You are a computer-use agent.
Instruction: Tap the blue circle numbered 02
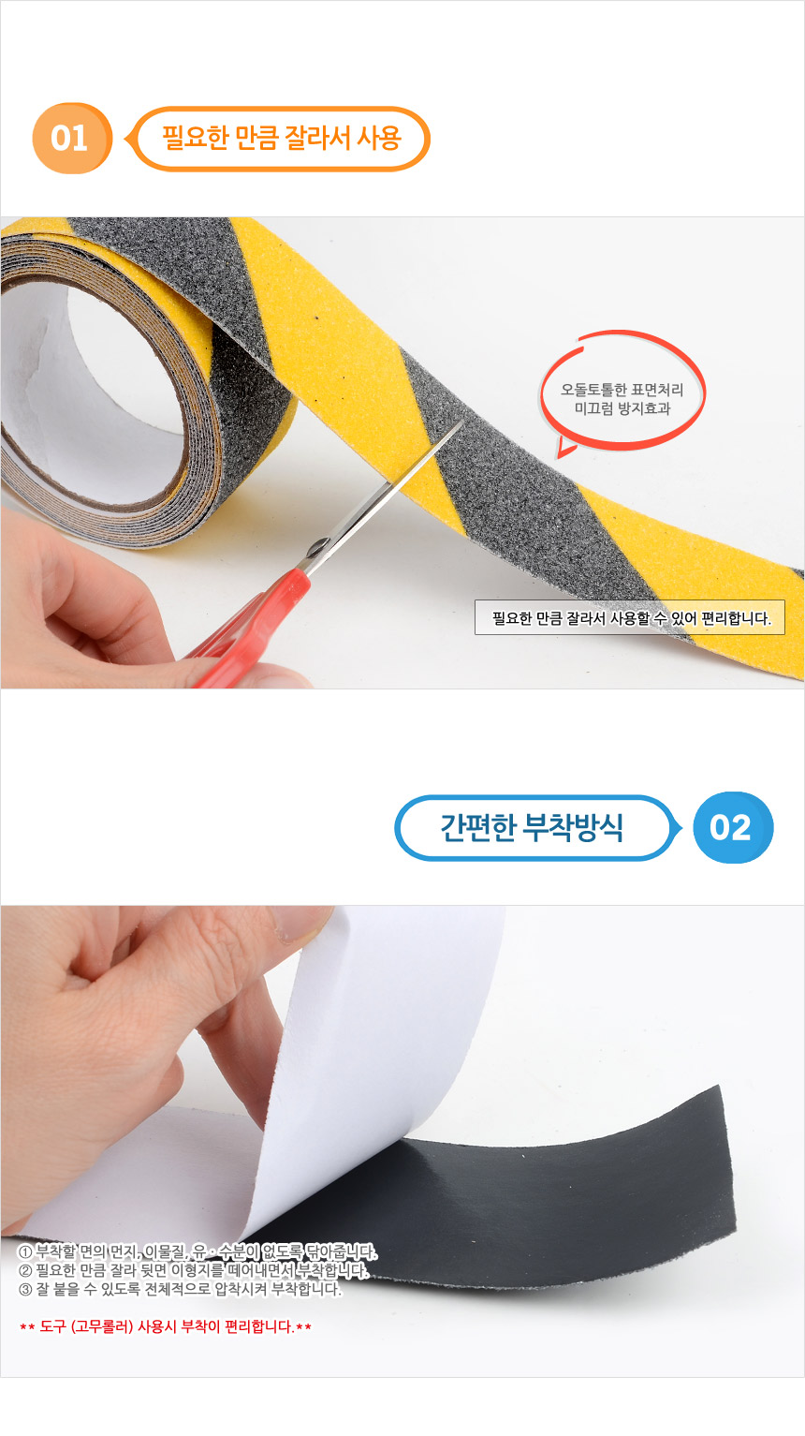point(733,827)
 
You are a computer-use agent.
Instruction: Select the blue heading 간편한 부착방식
point(532,827)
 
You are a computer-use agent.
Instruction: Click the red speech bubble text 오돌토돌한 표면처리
point(622,390)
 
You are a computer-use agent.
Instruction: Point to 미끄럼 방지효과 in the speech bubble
point(622,408)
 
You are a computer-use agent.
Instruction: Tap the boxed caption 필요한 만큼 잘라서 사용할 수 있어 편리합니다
point(631,618)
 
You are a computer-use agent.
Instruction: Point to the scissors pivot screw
point(317,549)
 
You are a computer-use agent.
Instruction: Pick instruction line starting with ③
point(180,1289)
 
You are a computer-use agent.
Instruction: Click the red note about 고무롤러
point(166,1326)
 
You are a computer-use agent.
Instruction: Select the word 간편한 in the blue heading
point(477,827)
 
